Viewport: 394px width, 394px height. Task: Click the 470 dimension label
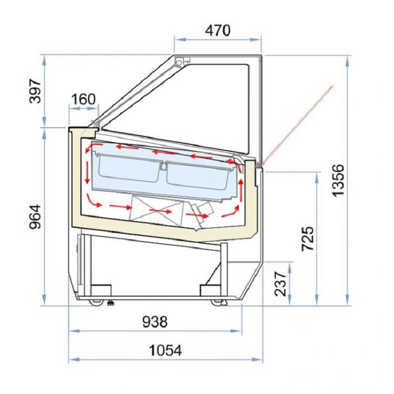(217, 30)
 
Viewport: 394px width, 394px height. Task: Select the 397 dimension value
(35, 91)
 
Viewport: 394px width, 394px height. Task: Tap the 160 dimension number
(84, 99)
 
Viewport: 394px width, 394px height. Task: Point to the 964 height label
(35, 216)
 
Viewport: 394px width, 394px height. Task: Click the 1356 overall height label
(337, 180)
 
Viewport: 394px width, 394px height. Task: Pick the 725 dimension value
(307, 239)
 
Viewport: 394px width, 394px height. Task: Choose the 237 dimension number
(281, 284)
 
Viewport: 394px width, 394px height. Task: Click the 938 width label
(155, 322)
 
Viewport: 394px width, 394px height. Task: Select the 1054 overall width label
(165, 350)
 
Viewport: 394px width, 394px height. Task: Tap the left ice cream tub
(129, 168)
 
